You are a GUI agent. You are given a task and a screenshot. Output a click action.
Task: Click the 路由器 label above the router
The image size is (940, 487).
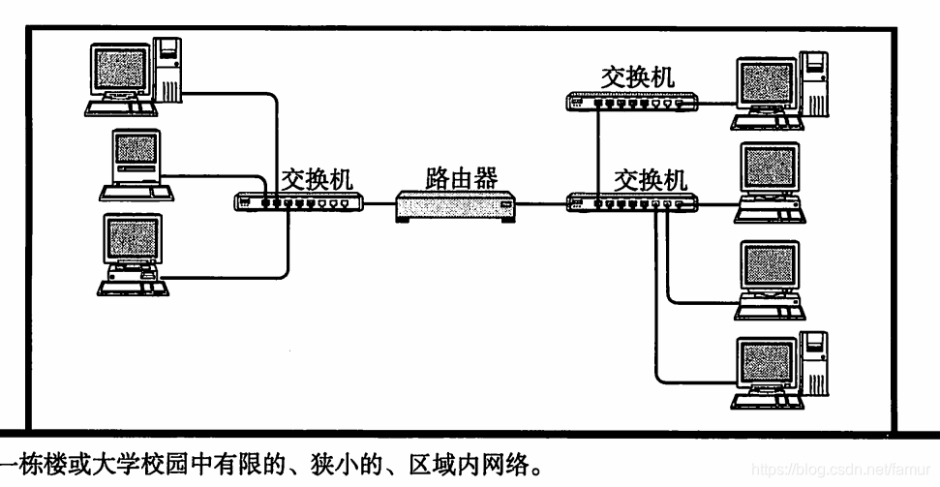point(461,177)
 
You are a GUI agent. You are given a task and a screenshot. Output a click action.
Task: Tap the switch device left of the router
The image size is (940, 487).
point(299,202)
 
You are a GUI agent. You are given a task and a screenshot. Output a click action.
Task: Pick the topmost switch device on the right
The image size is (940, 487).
point(631,100)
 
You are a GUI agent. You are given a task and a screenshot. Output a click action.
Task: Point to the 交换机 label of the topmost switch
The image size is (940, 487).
point(637,76)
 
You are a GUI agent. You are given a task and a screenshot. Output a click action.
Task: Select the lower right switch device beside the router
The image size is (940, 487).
point(631,203)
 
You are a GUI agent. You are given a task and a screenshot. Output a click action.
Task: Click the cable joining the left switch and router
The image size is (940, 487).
point(379,204)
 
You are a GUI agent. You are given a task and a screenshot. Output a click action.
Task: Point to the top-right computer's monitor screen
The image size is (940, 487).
point(765,84)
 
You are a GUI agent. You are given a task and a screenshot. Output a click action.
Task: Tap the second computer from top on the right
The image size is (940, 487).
point(770,179)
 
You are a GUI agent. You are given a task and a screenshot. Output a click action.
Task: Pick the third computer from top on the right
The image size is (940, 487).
point(770,276)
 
